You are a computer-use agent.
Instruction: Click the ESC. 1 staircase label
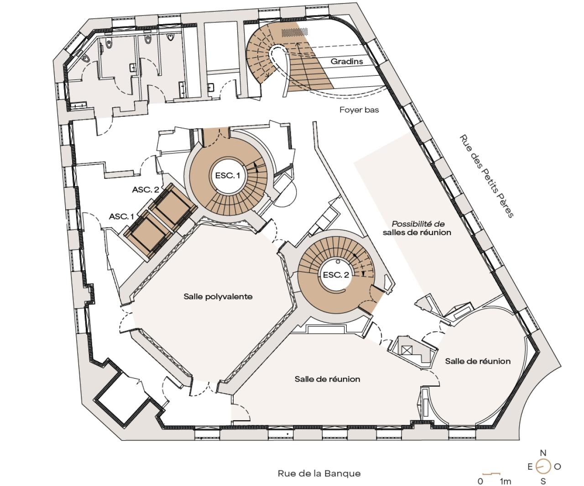pos(227,175)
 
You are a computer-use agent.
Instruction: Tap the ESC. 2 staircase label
pos(336,275)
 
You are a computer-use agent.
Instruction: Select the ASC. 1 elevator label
pos(121,216)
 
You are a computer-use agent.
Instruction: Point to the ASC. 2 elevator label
pos(146,190)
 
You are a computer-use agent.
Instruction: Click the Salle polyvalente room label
pos(218,297)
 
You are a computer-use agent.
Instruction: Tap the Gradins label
pos(347,61)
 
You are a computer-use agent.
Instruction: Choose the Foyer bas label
pos(359,110)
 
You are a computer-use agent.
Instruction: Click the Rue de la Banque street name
pos(319,450)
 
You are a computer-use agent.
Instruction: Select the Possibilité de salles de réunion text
pos(417,228)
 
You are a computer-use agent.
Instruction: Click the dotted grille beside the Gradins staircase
pos(294,32)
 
